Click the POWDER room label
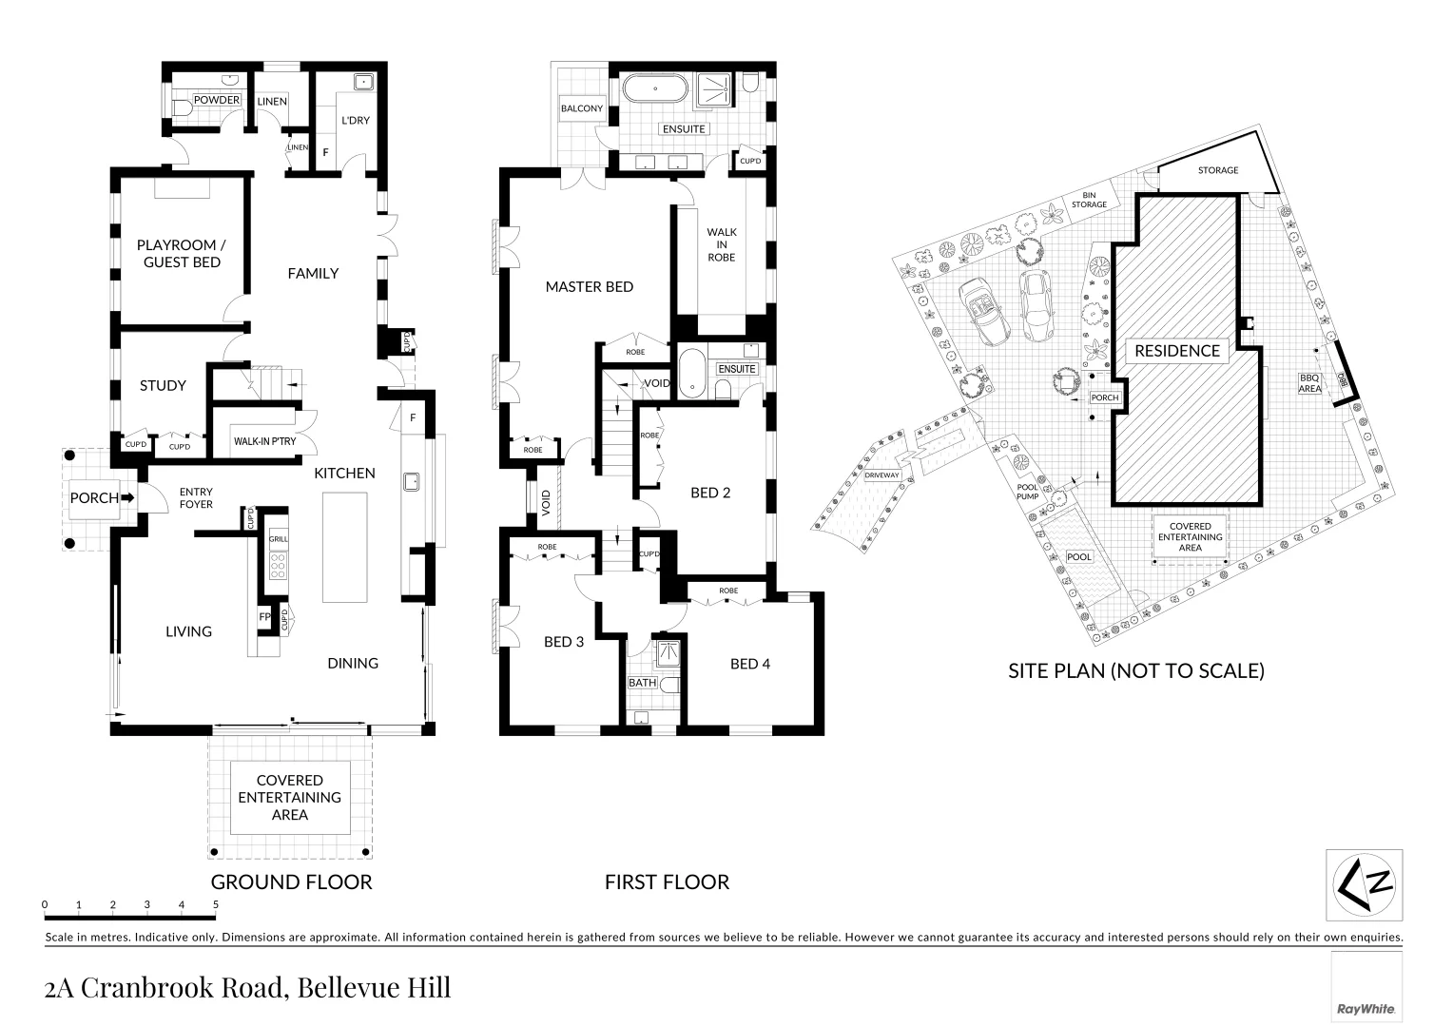pos(217,100)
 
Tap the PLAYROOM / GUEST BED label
pos(182,253)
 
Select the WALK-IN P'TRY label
pos(264,441)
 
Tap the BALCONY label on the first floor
pos(581,108)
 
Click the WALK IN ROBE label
pos(721,244)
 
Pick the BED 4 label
pos(749,664)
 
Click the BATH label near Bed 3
pos(642,683)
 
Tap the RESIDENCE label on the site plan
pos(1176,351)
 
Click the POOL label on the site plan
pos(1079,557)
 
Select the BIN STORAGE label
pos(1089,200)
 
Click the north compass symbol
pos(1365,883)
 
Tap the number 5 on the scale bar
pos(216,904)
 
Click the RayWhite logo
pos(1366,1008)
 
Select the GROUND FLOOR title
pos(291,882)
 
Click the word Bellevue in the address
pos(343,988)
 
